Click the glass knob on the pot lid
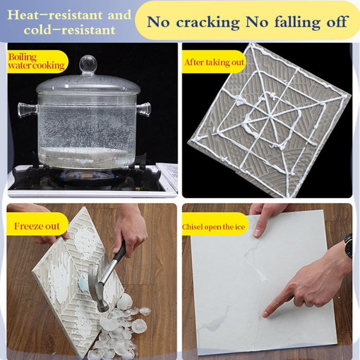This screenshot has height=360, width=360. pos(88,64)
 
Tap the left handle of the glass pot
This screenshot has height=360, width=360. pos(28,110)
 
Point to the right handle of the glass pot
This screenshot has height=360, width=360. pos(143,110)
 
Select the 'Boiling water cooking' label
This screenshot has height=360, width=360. pos(37,61)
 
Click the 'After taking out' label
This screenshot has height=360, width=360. pos(214,62)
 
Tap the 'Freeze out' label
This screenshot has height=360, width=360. pos(37,226)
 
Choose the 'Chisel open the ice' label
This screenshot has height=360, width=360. pos(213,227)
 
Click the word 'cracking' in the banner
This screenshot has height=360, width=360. pos(208,22)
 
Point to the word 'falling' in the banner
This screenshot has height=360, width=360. pos(297,22)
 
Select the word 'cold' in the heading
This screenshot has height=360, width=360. pos(38,30)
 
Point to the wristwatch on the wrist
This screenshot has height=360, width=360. pos(348,246)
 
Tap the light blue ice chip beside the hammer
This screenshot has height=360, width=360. pos(83,284)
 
